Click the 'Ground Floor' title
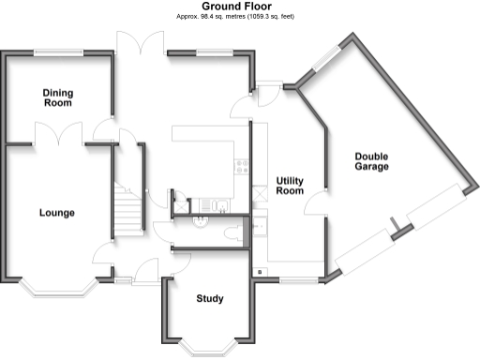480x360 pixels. pyautogui.click(x=239, y=7)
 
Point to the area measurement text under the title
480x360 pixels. pyautogui.click(x=239, y=17)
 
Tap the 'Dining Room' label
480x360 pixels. pyautogui.click(x=58, y=97)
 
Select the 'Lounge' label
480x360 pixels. pyautogui.click(x=56, y=213)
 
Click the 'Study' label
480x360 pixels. pyautogui.click(x=209, y=299)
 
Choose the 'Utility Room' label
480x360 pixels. pyautogui.click(x=290, y=185)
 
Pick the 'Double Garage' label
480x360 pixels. pyautogui.click(x=371, y=162)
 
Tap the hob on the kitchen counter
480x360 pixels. pyautogui.click(x=242, y=166)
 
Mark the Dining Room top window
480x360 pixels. pyautogui.click(x=58, y=52)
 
